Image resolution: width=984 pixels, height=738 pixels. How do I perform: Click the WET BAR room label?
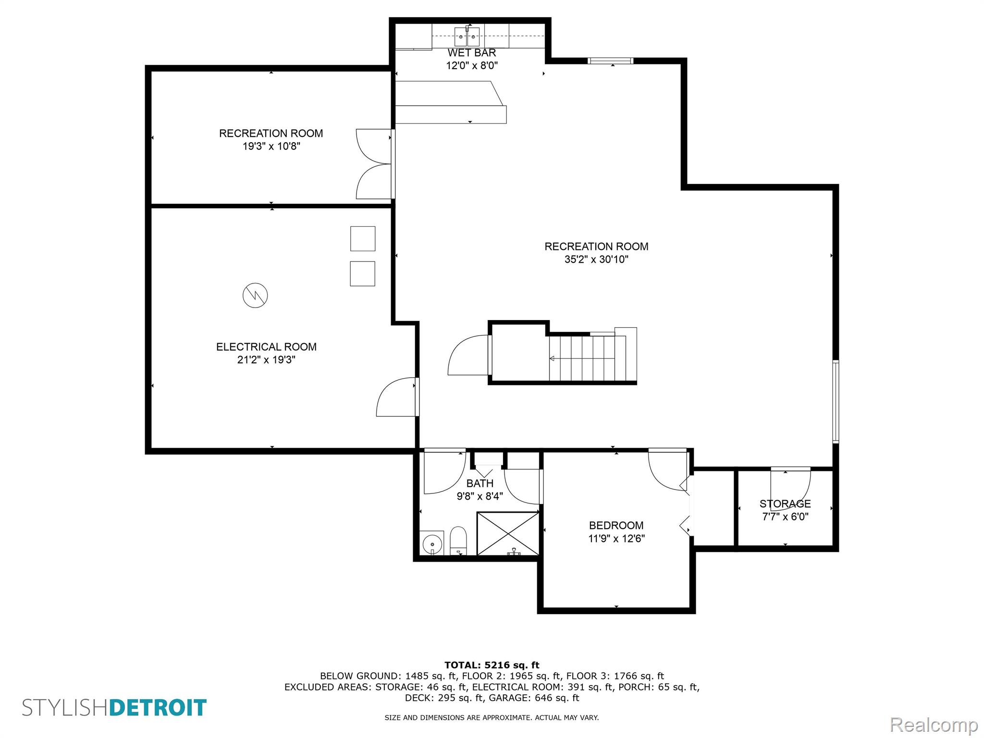[x=472, y=53]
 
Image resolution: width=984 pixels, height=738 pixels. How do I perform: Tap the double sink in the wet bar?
[x=467, y=37]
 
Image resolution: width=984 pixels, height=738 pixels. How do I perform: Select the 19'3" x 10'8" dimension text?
[x=271, y=146]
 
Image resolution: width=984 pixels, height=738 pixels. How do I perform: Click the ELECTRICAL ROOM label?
[x=266, y=347]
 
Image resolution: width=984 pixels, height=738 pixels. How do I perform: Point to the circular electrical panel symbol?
[x=255, y=295]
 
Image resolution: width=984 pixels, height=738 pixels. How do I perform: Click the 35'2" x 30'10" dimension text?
[x=596, y=259]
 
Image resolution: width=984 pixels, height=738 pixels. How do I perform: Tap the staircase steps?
[x=587, y=358]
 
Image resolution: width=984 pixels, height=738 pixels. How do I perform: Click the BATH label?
[x=480, y=483]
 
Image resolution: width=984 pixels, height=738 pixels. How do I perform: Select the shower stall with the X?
[x=508, y=533]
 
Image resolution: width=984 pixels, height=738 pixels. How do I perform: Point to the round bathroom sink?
[x=432, y=544]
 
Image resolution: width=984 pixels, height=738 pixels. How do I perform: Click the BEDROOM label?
[x=616, y=526]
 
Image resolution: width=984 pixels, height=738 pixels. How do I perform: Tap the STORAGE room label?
[x=785, y=504]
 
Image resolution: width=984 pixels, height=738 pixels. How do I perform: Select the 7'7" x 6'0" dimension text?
[x=785, y=517]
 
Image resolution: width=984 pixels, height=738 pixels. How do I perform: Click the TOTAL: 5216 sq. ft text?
[x=492, y=665]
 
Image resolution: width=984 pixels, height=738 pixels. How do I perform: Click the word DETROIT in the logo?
[x=158, y=708]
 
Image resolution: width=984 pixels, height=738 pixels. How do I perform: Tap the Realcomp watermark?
[x=934, y=725]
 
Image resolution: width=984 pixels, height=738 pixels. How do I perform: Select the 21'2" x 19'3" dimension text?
[x=266, y=360]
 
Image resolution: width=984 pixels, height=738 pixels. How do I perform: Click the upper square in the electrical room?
[x=363, y=239]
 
